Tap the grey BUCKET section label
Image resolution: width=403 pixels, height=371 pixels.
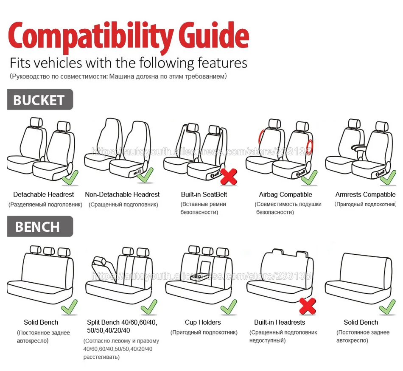(x=40, y=99)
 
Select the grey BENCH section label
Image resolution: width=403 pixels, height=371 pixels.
(x=40, y=227)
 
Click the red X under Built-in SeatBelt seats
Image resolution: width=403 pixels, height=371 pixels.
(x=229, y=177)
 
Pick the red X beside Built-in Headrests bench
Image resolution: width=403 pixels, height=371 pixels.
(x=308, y=306)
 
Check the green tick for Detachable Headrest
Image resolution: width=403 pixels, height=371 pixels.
(x=70, y=178)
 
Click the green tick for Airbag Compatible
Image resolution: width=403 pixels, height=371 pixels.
(x=309, y=178)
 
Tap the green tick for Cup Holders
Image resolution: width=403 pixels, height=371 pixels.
(x=229, y=307)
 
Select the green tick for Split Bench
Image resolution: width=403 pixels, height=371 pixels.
(x=149, y=307)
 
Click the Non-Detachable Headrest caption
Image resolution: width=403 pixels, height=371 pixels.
(x=122, y=195)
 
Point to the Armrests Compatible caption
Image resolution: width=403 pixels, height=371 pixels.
(x=365, y=195)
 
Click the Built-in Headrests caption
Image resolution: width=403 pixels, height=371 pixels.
(x=280, y=323)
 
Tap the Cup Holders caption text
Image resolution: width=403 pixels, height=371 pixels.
(x=203, y=323)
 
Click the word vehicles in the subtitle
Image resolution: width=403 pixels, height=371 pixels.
(x=58, y=63)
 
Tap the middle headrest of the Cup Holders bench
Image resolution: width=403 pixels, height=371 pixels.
(x=208, y=251)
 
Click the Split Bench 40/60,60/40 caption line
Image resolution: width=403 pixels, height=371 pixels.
(x=122, y=323)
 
